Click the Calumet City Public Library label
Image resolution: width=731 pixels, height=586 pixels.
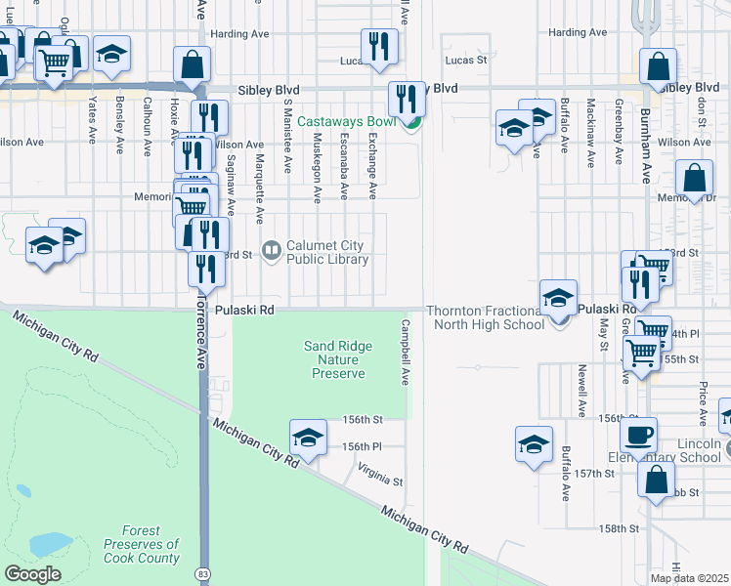point(326,252)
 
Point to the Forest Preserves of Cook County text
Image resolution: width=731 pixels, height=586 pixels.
point(142,551)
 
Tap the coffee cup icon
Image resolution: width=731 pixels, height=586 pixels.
point(638,435)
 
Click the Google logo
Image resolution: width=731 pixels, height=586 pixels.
point(32,574)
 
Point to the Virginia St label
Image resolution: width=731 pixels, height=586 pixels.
point(380,479)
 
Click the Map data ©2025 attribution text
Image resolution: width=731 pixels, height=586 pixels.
point(690,578)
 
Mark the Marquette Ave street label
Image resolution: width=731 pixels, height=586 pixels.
point(259,189)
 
